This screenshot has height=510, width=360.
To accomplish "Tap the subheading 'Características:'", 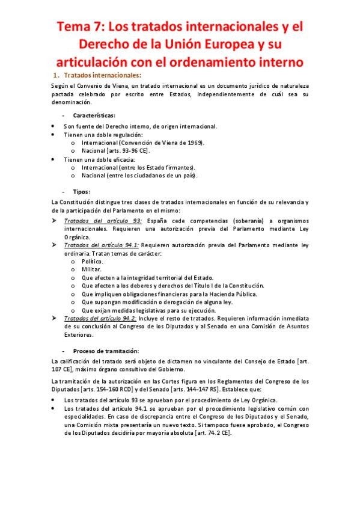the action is [94, 114].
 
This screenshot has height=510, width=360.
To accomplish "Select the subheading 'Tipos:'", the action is [81, 191].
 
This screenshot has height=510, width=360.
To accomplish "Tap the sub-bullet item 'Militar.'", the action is [91, 269].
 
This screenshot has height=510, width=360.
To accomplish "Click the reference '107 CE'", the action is [62, 369].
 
